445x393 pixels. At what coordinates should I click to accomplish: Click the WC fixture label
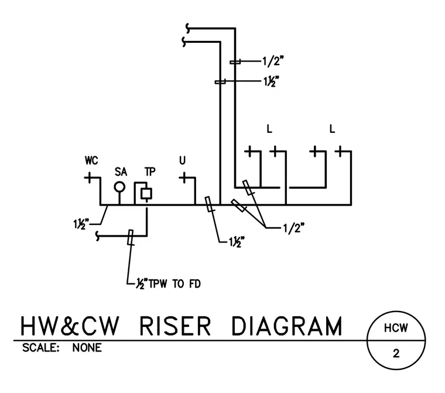[x=91, y=160]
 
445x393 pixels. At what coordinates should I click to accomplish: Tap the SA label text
[x=121, y=172]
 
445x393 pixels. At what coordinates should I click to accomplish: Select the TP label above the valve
[x=150, y=172]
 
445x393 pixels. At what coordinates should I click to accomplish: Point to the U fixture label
[x=182, y=160]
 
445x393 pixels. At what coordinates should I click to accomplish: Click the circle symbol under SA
[x=119, y=187]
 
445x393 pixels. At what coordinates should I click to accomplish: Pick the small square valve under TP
[x=146, y=194]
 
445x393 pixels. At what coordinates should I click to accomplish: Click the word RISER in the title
[x=175, y=326]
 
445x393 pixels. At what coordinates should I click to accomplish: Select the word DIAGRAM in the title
[x=287, y=326]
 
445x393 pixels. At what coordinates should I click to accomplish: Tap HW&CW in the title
[x=70, y=326]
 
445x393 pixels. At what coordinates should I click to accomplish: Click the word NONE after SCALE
[x=87, y=348]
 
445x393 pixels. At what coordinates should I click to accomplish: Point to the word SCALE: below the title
[x=41, y=348]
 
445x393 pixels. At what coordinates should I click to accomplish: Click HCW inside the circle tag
[x=396, y=328]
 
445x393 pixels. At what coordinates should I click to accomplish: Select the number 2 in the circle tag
[x=396, y=354]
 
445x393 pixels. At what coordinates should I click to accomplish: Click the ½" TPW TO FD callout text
[x=168, y=283]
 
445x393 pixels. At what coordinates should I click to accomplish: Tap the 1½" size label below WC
[x=81, y=224]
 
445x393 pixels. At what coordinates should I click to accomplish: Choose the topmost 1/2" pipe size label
[x=273, y=61]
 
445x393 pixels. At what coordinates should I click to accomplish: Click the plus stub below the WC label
[x=89, y=178]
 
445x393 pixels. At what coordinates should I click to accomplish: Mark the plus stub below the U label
[x=184, y=178]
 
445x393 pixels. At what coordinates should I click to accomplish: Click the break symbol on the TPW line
[x=98, y=236]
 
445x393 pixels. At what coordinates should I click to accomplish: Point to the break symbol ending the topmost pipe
[x=188, y=28]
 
